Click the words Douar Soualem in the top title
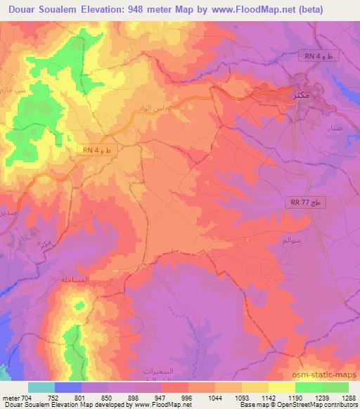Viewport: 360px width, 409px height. click(42, 9)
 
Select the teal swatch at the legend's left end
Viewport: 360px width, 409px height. click(41, 387)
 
